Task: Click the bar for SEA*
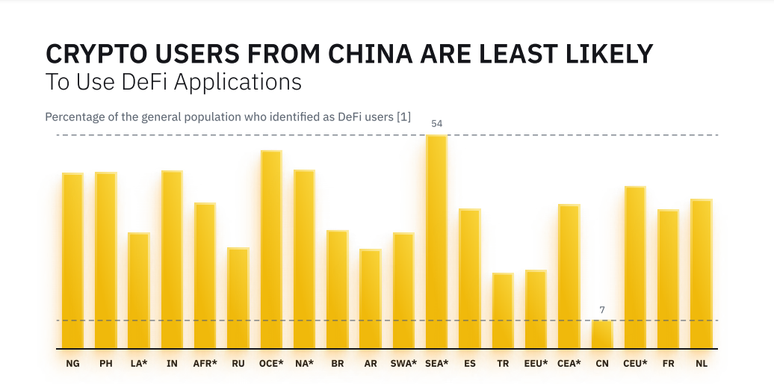[x=436, y=242]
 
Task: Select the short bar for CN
[x=602, y=335]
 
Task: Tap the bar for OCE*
[x=271, y=250]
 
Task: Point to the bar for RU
[x=238, y=298]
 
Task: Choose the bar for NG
[x=72, y=261]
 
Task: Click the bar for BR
[x=337, y=289]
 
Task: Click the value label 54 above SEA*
[x=437, y=123]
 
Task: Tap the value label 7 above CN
[x=602, y=309]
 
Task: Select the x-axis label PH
[x=105, y=364]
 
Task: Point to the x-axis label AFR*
[x=205, y=364]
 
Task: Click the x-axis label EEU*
[x=536, y=364]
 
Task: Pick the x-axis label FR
[x=668, y=364]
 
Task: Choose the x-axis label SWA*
[x=403, y=364]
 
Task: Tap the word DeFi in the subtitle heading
[x=143, y=81]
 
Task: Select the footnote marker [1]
[x=403, y=117]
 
